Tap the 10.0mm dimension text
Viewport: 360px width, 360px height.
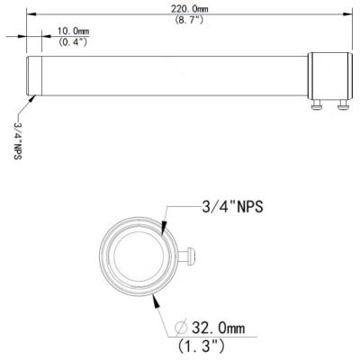(x=73, y=31)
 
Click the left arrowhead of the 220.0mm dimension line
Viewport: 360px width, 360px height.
(x=30, y=14)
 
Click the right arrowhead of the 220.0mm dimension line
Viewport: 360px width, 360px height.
(x=347, y=14)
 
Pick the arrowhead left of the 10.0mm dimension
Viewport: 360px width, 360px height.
(x=24, y=36)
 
